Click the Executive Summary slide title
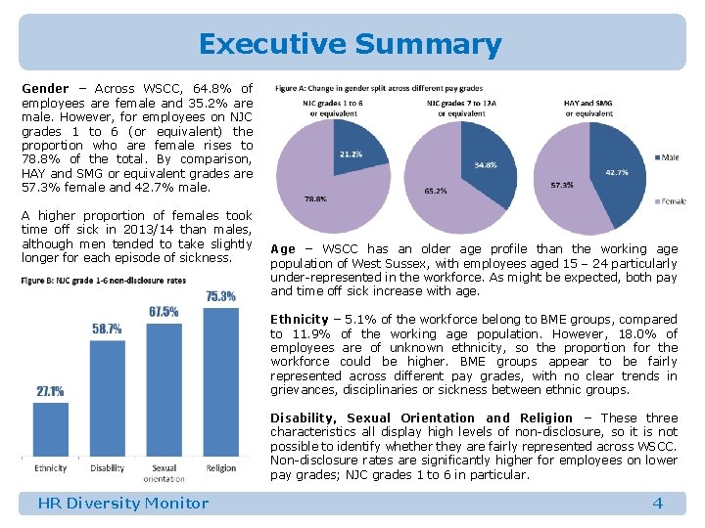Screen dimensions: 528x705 click(350, 44)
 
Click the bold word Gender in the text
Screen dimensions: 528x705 click(45, 88)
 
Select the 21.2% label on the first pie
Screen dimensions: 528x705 click(351, 154)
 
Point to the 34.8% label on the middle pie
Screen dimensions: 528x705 click(486, 165)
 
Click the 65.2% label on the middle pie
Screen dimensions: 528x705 click(435, 190)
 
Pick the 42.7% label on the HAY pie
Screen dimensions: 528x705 click(617, 172)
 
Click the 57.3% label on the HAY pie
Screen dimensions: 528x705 click(562, 184)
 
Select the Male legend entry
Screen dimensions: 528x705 click(670, 156)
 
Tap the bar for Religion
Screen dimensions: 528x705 click(221, 382)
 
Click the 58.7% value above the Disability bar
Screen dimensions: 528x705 click(107, 329)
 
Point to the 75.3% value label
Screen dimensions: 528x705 click(221, 296)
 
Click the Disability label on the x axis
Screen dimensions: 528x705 click(107, 468)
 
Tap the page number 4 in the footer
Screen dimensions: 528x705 click(657, 503)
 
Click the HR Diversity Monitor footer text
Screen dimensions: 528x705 click(122, 503)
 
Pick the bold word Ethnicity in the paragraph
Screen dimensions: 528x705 click(299, 319)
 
